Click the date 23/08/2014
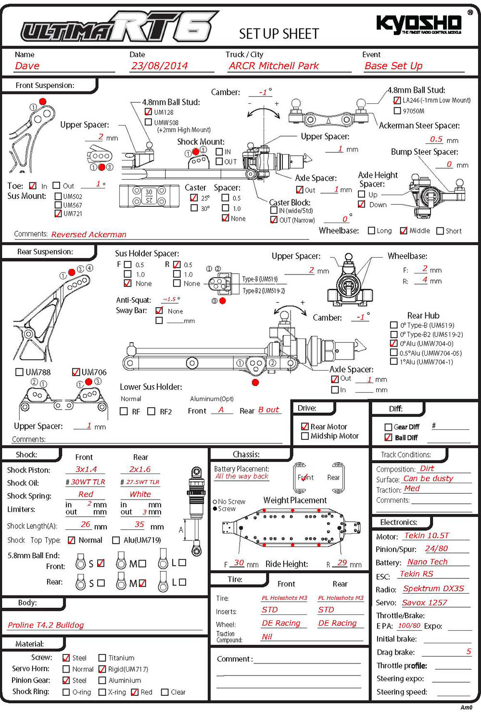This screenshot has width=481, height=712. pyautogui.click(x=160, y=66)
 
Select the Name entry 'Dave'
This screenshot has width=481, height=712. pyautogui.click(x=27, y=66)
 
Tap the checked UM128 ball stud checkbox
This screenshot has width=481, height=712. pyautogui.click(x=148, y=112)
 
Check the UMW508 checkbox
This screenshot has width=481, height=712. pyautogui.click(x=148, y=122)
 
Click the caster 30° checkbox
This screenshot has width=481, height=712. pyautogui.click(x=194, y=208)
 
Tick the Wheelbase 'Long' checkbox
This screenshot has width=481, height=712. pyautogui.click(x=371, y=230)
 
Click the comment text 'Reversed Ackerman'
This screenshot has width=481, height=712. pyautogui.click(x=89, y=235)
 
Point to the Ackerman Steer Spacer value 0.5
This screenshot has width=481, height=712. pyautogui.click(x=436, y=139)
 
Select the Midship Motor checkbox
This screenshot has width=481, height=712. pyautogui.click(x=305, y=436)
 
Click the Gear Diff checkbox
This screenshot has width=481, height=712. pyautogui.click(x=388, y=427)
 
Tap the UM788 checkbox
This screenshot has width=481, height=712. pyautogui.click(x=19, y=372)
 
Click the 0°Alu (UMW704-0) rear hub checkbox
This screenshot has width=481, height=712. pyautogui.click(x=393, y=343)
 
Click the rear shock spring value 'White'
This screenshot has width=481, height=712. pyautogui.click(x=140, y=494)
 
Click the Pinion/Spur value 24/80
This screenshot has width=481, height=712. pyautogui.click(x=436, y=549)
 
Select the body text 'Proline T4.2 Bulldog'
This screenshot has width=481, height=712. pyautogui.click(x=46, y=625)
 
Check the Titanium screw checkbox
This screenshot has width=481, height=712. pyautogui.click(x=102, y=658)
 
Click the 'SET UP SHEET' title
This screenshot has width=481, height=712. pyautogui.click(x=279, y=34)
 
